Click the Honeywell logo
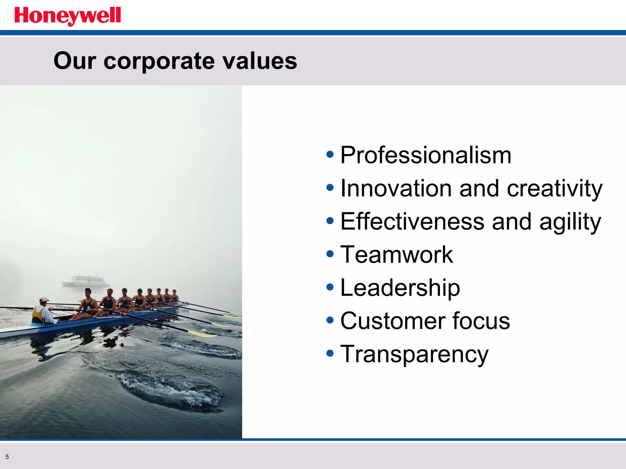pos(68,16)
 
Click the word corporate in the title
pos(159,61)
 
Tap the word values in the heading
pos(260,61)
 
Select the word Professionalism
pos(425,155)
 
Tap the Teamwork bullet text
pos(396,254)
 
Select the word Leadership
pos(400,288)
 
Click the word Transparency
pos(414,354)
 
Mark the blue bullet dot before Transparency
pos(330,353)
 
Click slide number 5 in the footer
pos(7,457)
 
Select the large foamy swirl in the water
pos(171,391)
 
